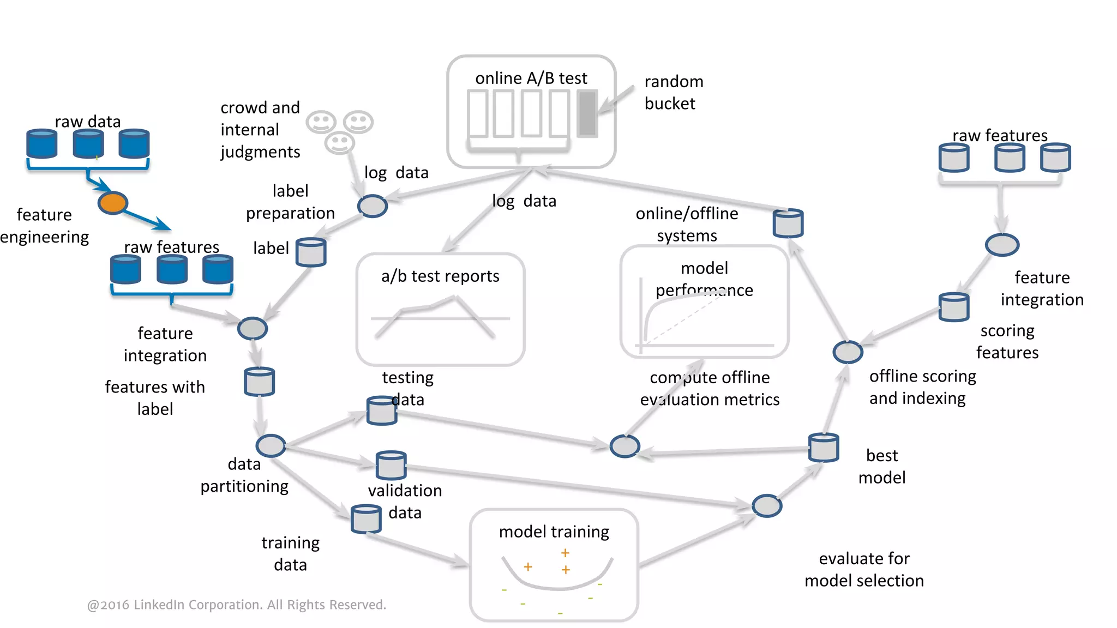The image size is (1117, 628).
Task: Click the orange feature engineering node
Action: point(112,203)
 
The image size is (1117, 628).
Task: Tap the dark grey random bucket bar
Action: point(587,113)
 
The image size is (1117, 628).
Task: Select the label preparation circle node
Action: point(372,206)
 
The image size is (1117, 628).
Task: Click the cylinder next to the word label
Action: point(311,252)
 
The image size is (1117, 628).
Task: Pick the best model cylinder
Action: point(823,447)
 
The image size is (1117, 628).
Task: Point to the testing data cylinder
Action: point(381,410)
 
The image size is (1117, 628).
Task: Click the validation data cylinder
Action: point(391,465)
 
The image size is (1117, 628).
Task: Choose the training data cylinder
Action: point(365,518)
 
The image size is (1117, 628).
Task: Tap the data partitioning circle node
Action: point(271,445)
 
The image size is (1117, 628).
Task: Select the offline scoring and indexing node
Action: point(848,352)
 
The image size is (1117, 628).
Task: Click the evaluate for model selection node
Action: point(767,506)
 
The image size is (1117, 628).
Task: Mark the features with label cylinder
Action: point(259,381)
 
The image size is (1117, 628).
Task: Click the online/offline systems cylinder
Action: point(788,223)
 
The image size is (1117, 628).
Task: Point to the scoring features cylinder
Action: point(953,307)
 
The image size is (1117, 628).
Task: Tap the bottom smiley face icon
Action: point(339,143)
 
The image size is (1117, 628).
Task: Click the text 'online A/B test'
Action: point(531,78)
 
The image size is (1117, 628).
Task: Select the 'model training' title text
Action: point(554,531)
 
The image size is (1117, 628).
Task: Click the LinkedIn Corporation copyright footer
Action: point(236,605)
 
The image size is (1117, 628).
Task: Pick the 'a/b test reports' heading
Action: point(440,276)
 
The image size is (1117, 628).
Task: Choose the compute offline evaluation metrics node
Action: point(624,446)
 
